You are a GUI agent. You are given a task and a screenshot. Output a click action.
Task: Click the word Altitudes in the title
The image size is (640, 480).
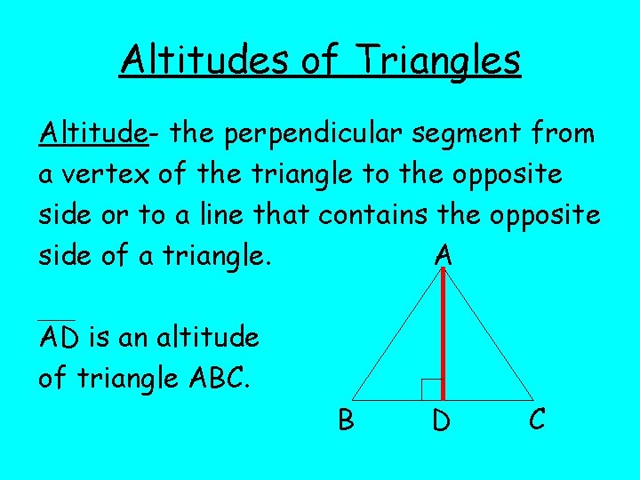[204, 60]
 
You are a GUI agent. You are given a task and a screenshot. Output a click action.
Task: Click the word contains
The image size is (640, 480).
[369, 215]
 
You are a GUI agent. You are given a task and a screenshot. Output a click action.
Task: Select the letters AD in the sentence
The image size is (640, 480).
[57, 338]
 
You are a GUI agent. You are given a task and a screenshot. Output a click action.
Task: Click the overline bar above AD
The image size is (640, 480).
[57, 320]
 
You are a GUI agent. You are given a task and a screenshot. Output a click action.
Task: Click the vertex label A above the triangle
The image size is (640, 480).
[444, 256]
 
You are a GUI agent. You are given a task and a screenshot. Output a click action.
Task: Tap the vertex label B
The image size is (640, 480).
[346, 418]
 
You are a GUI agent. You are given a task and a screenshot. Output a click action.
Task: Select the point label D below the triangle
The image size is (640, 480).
[441, 420]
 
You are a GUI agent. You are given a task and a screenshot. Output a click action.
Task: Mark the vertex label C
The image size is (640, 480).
[537, 418]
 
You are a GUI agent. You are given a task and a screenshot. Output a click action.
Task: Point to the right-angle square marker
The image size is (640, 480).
[431, 388]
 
